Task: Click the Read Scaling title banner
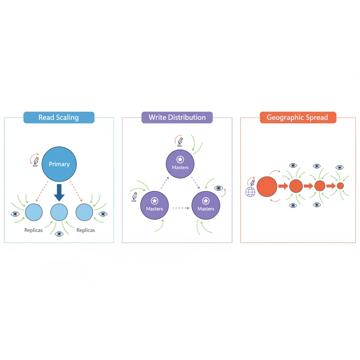click(59, 117)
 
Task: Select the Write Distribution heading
click(177, 117)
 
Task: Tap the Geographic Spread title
click(298, 117)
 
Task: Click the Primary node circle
click(59, 164)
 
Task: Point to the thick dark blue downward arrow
click(59, 192)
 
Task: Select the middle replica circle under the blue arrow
click(59, 212)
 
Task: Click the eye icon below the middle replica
click(59, 234)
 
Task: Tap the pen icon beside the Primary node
click(36, 162)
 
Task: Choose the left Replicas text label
click(34, 230)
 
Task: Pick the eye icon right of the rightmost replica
click(103, 214)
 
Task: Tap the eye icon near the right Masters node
click(219, 188)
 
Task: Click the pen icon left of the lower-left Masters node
click(134, 196)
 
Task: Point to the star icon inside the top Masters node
click(180, 159)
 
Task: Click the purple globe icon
click(250, 192)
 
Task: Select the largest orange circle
click(267, 186)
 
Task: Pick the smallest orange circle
click(340, 186)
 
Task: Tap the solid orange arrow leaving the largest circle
click(283, 186)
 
